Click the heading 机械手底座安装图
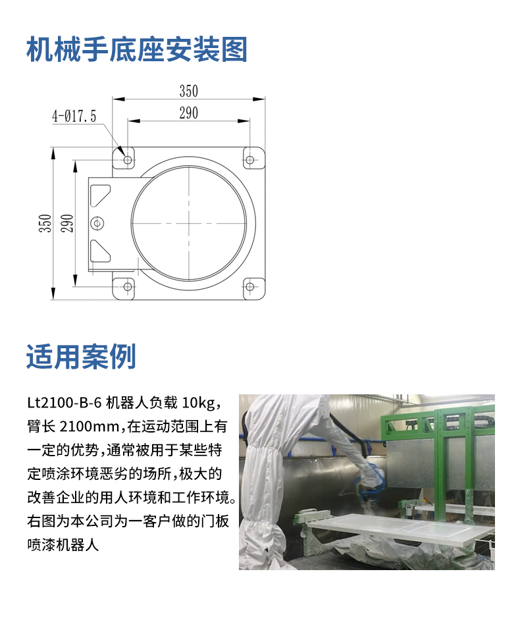click(137, 49)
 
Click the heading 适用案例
click(81, 356)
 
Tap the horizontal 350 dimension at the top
click(189, 91)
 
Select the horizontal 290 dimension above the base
click(189, 113)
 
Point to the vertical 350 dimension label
click(45, 223)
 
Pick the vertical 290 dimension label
click(67, 223)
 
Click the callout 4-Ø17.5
click(74, 116)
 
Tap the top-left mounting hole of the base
click(128, 160)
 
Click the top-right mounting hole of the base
click(250, 160)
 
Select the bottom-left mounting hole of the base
click(128, 286)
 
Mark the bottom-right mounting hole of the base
click(250, 286)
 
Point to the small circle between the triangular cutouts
click(97, 223)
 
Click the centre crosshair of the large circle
click(189, 223)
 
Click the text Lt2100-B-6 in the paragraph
click(65, 402)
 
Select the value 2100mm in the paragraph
click(93, 427)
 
